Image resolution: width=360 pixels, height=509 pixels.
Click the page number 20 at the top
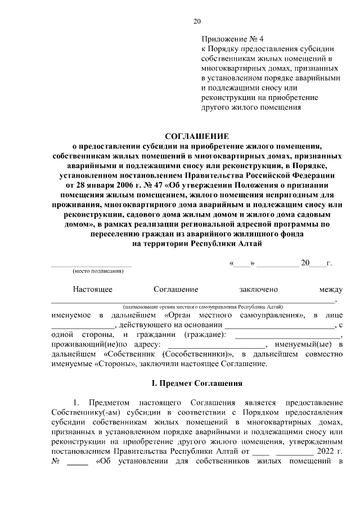pos(196,21)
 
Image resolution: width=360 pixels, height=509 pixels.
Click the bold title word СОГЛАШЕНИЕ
pos(196,136)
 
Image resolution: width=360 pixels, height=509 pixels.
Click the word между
pos(331,289)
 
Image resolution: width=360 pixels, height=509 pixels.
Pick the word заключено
pos(259,289)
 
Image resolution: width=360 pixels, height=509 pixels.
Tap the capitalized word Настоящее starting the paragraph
pos(92,289)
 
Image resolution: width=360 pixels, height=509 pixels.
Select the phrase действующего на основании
pos(170,325)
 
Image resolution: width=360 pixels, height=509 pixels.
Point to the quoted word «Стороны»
pos(111,363)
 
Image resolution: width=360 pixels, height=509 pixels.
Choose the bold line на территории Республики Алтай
pos(196,244)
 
